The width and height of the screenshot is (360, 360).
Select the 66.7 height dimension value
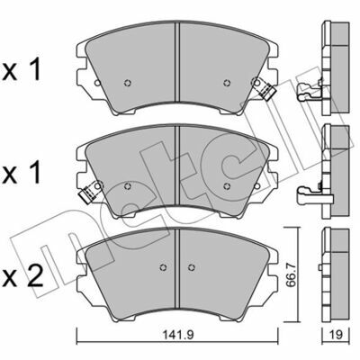coord(291,275)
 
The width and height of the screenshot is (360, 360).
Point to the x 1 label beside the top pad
coord(21,70)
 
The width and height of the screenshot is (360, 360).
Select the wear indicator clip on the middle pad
coord(91,192)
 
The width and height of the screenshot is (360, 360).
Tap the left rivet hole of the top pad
coord(128,83)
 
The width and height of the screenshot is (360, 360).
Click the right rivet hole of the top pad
coord(227,83)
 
